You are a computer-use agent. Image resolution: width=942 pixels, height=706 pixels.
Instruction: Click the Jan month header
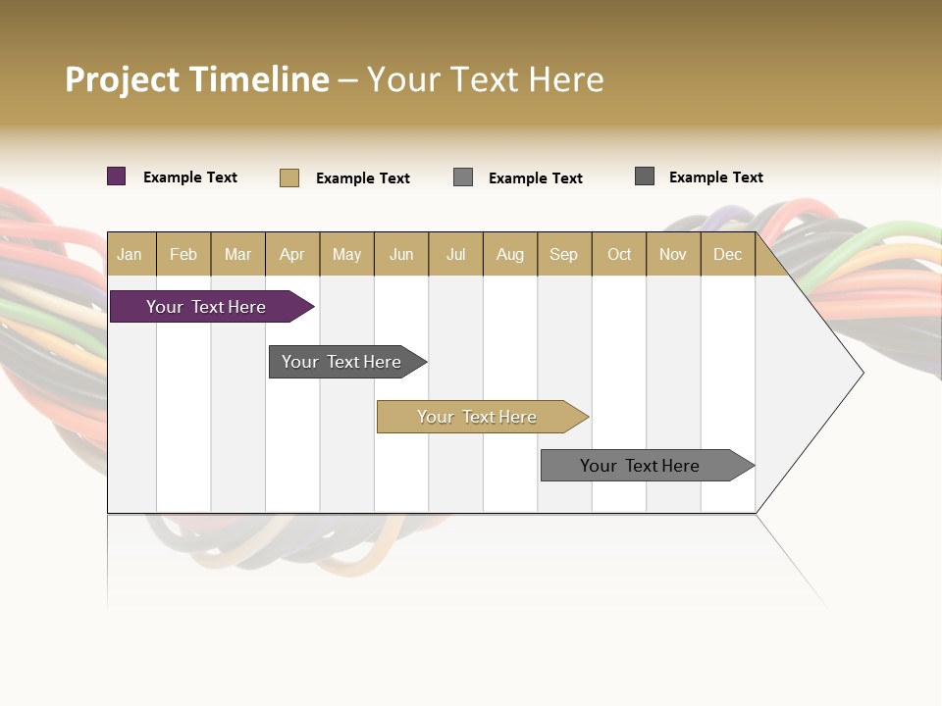click(130, 254)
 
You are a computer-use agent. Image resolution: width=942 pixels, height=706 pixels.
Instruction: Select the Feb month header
click(183, 254)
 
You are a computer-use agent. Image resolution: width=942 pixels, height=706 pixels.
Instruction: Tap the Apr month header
click(292, 254)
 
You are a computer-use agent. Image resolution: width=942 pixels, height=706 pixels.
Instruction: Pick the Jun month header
click(401, 254)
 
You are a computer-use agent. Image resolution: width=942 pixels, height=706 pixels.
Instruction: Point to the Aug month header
click(510, 254)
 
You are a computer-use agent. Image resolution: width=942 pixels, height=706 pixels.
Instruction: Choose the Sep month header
click(564, 254)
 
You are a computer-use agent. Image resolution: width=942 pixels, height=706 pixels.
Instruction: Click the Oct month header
click(619, 254)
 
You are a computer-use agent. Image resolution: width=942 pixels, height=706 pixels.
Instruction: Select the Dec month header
click(728, 254)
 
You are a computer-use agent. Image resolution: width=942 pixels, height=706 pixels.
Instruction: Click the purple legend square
click(117, 176)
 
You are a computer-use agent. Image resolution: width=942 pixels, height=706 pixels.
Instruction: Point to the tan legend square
click(289, 177)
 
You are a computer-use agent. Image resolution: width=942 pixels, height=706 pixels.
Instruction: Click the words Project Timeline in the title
click(197, 79)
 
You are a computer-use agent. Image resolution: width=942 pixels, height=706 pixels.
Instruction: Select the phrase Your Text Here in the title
click(486, 79)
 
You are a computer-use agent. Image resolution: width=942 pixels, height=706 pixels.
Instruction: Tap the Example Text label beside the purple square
click(190, 177)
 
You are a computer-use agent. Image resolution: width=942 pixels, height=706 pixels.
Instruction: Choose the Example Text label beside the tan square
click(363, 178)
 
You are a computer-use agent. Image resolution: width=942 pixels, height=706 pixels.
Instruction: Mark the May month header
click(346, 254)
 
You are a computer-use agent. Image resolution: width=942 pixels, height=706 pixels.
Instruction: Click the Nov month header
click(673, 254)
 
